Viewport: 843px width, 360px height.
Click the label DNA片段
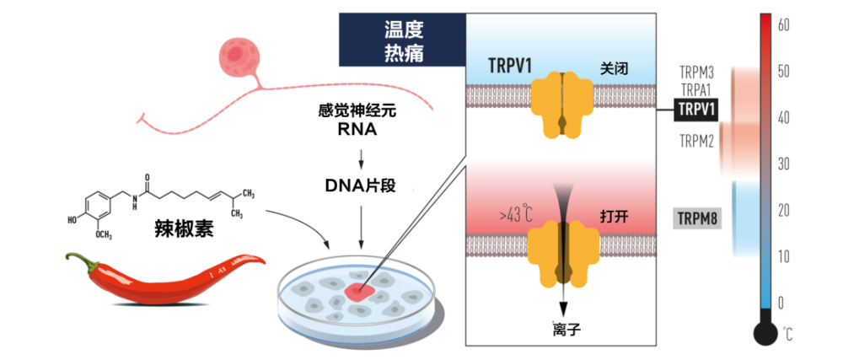pos(360,185)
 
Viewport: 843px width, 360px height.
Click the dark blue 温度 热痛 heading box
pos(402,40)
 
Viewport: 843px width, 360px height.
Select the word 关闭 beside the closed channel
pos(614,70)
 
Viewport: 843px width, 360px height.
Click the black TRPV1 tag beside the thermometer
pos(696,110)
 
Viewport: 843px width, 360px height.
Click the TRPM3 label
pos(697,72)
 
